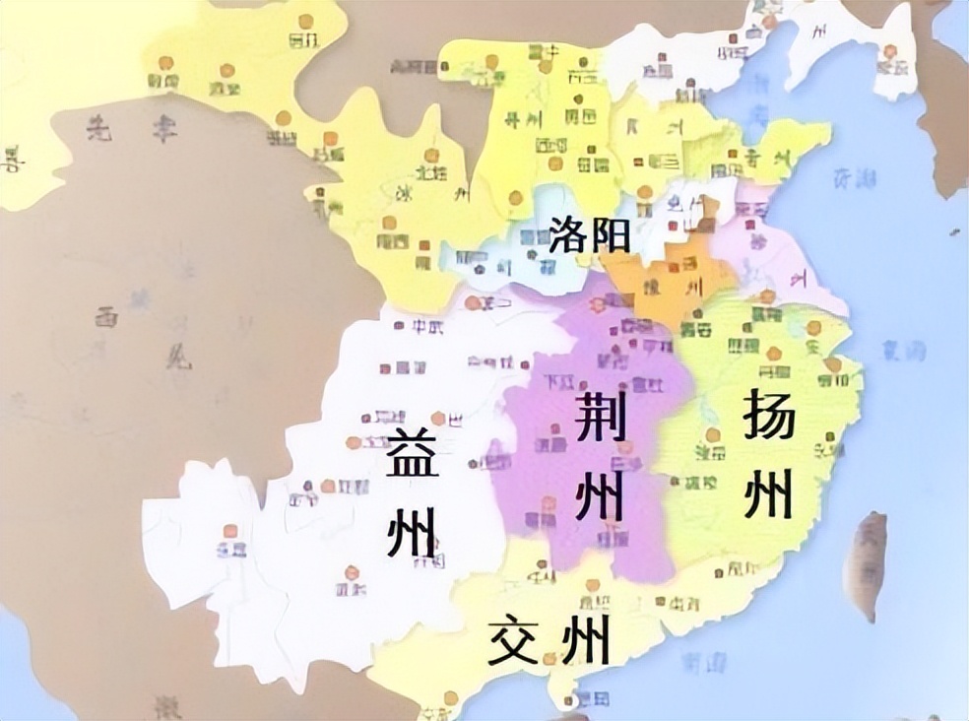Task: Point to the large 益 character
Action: [x=412, y=454]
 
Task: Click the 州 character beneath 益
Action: [x=412, y=532]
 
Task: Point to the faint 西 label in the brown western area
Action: [x=106, y=317]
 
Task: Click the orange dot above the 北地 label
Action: [x=430, y=156]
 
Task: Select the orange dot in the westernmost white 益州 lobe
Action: [x=229, y=530]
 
